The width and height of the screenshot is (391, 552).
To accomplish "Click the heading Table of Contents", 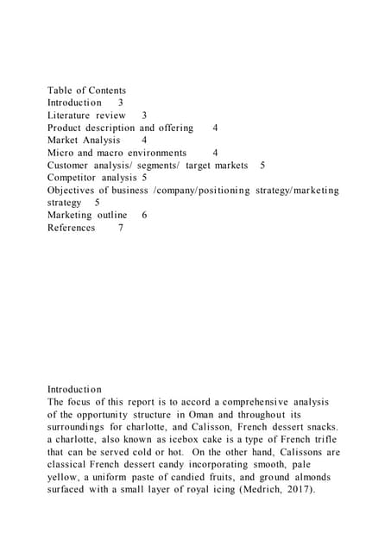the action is (86, 90).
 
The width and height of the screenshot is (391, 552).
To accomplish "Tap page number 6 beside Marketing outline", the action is (143, 215).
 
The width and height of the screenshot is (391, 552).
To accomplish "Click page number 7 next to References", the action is (121, 228).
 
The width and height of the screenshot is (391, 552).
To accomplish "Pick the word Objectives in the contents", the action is (74, 190).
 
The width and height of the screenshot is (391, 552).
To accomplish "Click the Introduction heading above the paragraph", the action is (74, 390).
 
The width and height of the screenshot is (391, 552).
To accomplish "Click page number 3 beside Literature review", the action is (143, 115).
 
